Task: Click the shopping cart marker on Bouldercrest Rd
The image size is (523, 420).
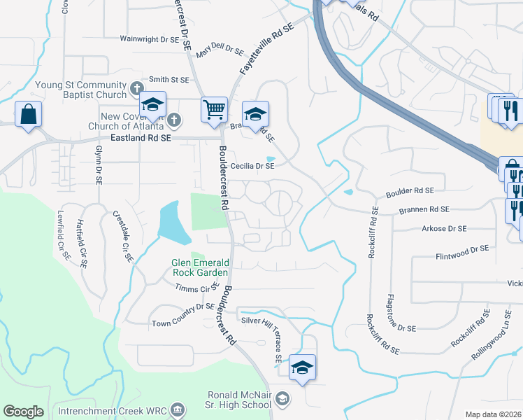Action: tap(214, 109)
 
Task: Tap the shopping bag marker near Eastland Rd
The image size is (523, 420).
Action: tap(28, 114)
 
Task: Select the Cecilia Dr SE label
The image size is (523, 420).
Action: tap(252, 167)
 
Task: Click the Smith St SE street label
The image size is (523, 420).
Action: tap(169, 80)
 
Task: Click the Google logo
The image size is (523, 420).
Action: tap(23, 412)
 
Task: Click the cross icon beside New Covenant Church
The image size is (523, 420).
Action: tap(175, 120)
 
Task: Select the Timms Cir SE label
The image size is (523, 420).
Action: tap(197, 288)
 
